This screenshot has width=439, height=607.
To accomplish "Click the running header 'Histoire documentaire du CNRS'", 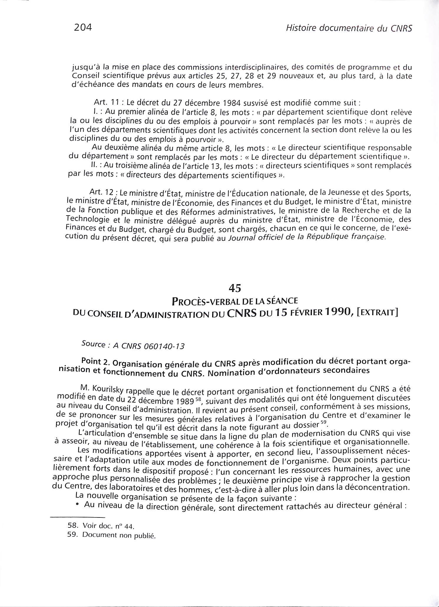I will point(345,28).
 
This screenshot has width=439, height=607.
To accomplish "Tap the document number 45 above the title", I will point(235,288).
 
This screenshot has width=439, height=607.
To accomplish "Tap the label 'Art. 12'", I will point(101,192).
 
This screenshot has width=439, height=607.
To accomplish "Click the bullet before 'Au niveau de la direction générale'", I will point(77,505).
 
